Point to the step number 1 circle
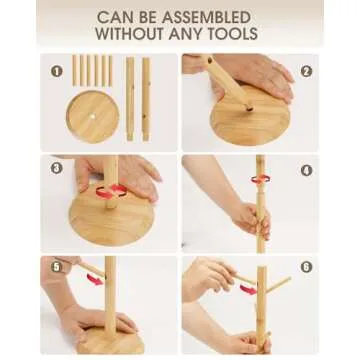click(x=57, y=71)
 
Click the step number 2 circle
click(x=305, y=71)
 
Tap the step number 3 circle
click(x=57, y=166)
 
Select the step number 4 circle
click(x=305, y=167)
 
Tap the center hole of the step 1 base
click(x=92, y=117)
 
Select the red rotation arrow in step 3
click(x=113, y=190)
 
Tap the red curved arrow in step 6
click(x=249, y=287)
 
